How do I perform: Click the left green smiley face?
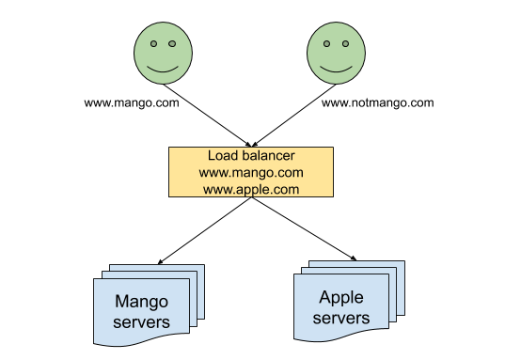(162, 54)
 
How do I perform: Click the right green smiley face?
(337, 54)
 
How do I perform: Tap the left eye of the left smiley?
(152, 43)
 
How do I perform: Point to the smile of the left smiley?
(162, 68)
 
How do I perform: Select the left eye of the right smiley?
(327, 43)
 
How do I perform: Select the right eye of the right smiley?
(345, 43)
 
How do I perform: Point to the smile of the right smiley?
(337, 68)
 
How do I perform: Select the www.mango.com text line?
(250, 172)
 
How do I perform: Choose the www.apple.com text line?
(250, 189)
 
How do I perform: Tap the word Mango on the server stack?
(141, 302)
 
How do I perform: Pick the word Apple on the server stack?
(340, 298)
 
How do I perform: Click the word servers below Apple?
(340, 318)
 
